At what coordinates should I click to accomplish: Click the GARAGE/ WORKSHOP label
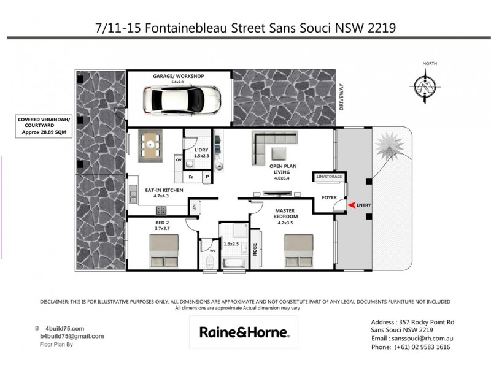pos(179,76)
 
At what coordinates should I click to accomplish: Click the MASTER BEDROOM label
pos(286,214)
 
